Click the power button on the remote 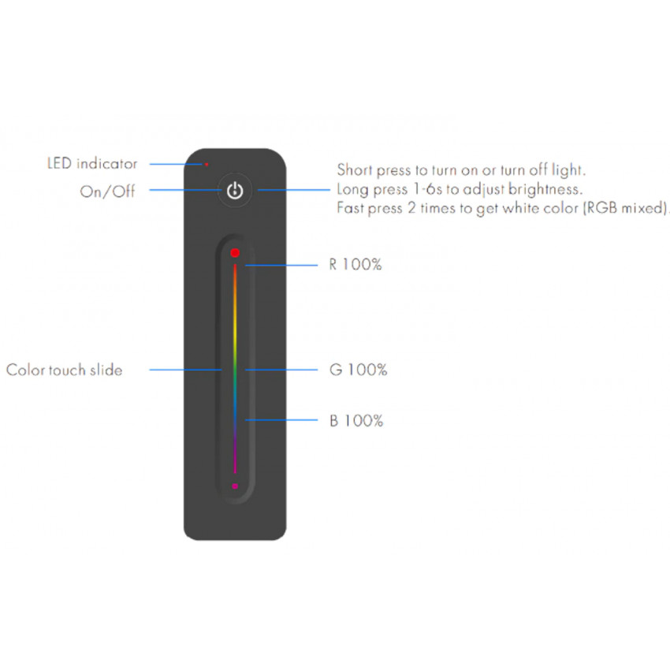pyautogui.click(x=235, y=190)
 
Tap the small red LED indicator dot pyautogui.click(x=207, y=164)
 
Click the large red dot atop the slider pyautogui.click(x=235, y=253)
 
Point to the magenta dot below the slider pyautogui.click(x=235, y=486)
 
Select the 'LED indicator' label pyautogui.click(x=92, y=164)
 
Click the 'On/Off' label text pyautogui.click(x=107, y=191)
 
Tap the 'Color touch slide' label pyautogui.click(x=64, y=370)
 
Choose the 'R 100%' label pyautogui.click(x=355, y=265)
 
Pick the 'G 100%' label pyautogui.click(x=358, y=370)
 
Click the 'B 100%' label pyautogui.click(x=356, y=421)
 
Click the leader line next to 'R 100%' pyautogui.click(x=281, y=266)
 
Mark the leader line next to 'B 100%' pyautogui.click(x=281, y=420)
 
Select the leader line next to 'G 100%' pyautogui.click(x=281, y=370)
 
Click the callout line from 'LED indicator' pyautogui.click(x=176, y=164)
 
